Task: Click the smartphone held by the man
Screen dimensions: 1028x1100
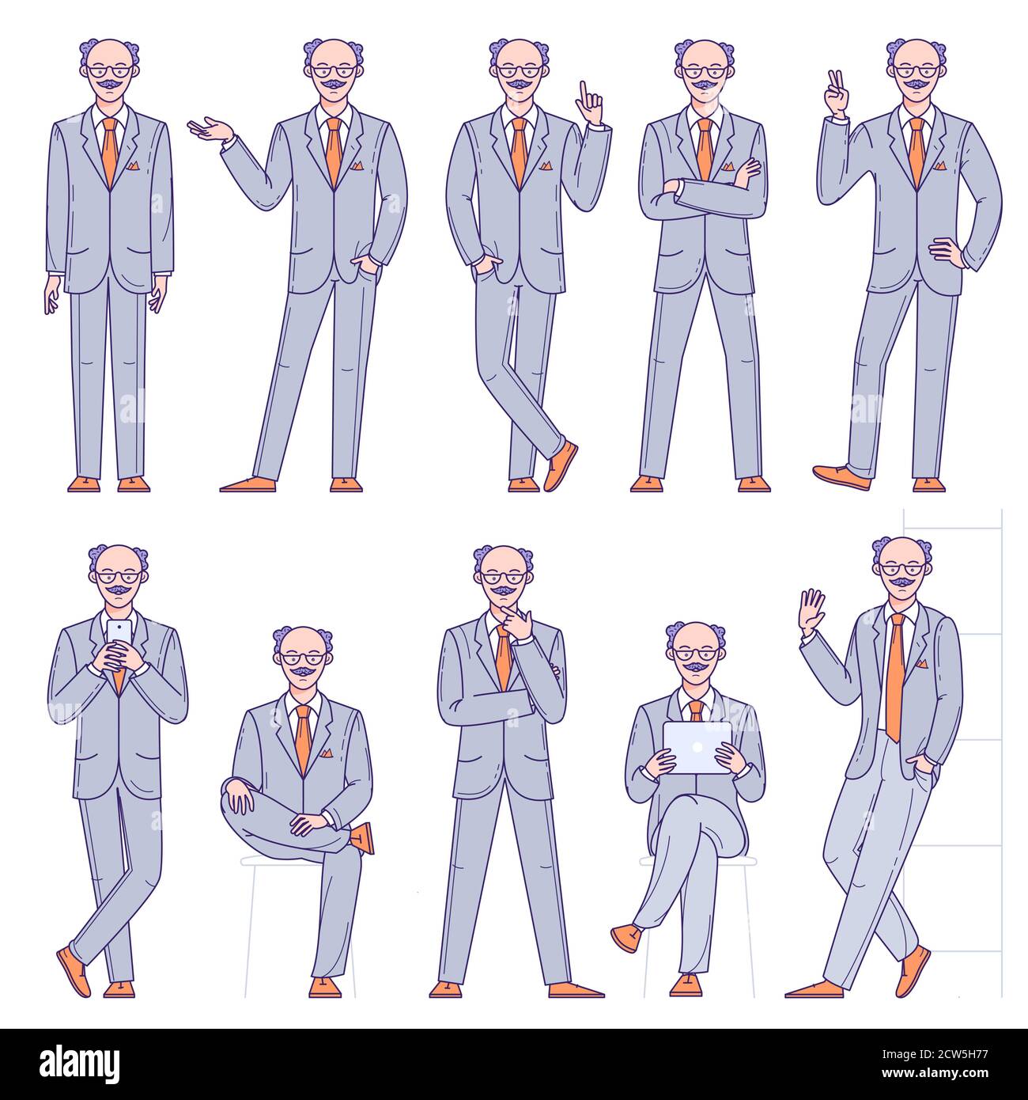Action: [x=119, y=632]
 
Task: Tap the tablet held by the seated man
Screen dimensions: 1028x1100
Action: [x=697, y=747]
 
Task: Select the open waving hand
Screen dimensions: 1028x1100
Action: [x=811, y=612]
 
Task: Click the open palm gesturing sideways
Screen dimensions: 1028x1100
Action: [x=210, y=129]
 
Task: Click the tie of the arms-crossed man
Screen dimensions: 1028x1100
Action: [x=705, y=150]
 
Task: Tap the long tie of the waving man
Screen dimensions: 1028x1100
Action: [x=894, y=677]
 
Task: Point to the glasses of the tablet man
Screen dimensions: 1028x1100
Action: [x=697, y=654]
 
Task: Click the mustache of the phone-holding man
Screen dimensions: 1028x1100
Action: [x=118, y=589]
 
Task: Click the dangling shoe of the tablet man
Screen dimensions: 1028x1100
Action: [x=626, y=939]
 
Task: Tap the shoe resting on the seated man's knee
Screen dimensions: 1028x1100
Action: [x=363, y=837]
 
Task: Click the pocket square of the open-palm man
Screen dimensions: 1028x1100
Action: [x=357, y=165]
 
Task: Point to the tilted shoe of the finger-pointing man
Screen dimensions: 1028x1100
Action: [x=560, y=466]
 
